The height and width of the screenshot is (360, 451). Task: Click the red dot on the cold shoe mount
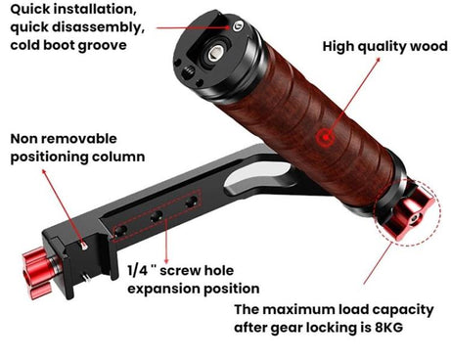[235, 28]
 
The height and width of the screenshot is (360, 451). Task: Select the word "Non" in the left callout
[25, 138]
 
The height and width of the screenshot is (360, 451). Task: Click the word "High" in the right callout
[338, 46]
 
